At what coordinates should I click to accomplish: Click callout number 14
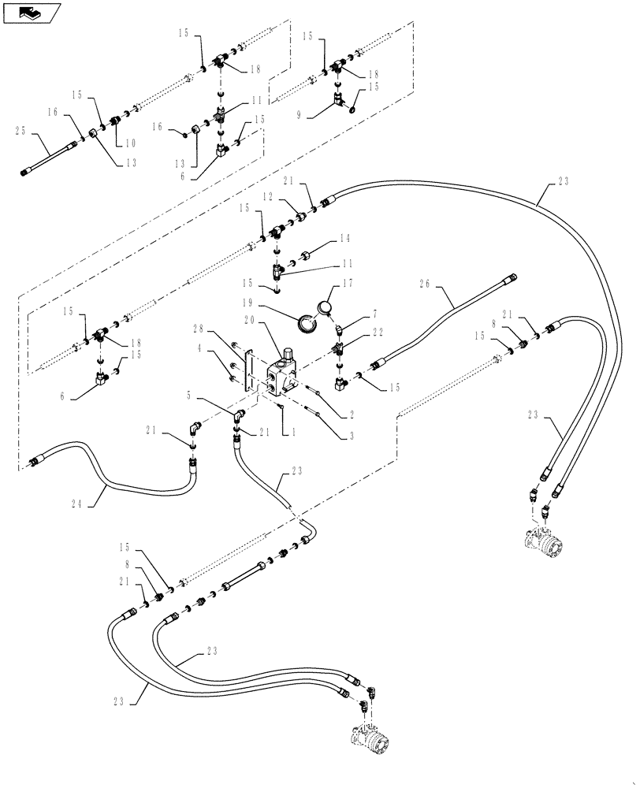coord(344,239)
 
